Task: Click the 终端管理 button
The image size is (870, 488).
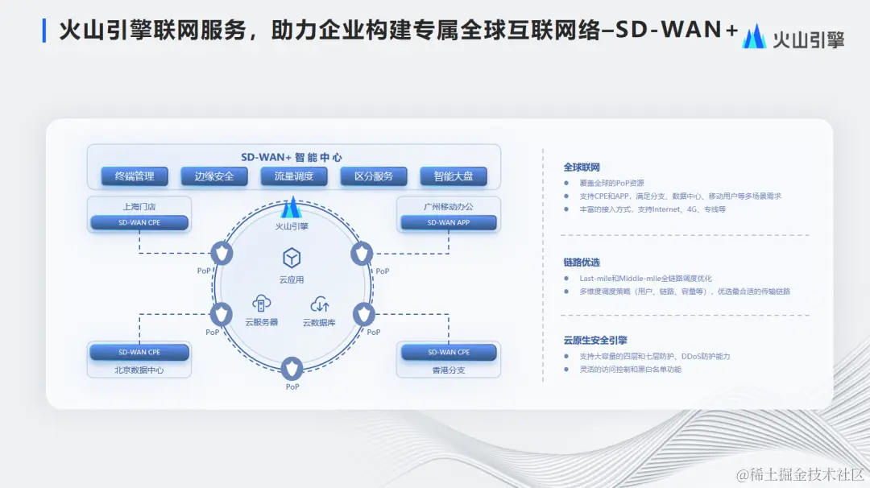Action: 135,176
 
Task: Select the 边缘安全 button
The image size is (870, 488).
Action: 214,176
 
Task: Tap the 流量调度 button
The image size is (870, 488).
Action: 294,176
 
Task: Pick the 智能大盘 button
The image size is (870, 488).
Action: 454,176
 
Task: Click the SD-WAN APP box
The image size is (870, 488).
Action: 449,222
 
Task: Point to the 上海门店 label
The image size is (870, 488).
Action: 139,206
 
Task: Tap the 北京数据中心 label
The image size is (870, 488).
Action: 139,370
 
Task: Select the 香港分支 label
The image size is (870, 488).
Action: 449,370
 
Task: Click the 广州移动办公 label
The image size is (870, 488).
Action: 449,206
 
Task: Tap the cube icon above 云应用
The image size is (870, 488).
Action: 292,258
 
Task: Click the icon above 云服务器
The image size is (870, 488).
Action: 261,304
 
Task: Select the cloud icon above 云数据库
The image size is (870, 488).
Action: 320,304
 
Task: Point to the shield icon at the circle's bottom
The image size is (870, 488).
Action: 292,370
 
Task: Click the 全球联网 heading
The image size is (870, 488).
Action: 582,167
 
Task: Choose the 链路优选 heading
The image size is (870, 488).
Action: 582,263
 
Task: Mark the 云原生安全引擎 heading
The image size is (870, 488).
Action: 595,340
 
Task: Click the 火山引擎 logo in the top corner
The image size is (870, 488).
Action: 793,38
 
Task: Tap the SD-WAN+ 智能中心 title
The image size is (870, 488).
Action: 292,157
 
